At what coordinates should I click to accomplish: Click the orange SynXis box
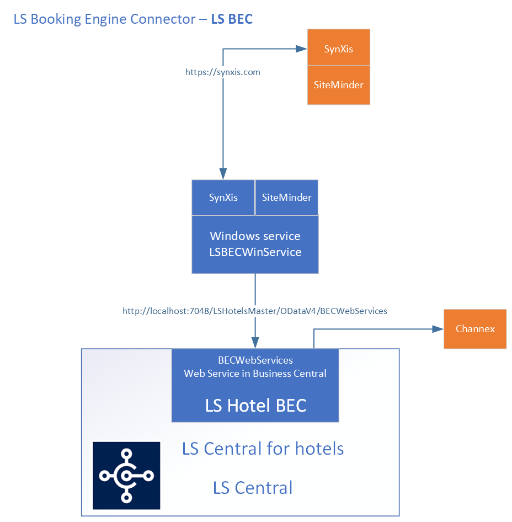(338, 48)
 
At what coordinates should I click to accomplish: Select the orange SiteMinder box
(338, 85)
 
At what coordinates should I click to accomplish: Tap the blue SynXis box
(223, 197)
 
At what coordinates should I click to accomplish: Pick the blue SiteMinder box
(287, 197)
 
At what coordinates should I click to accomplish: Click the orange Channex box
(475, 329)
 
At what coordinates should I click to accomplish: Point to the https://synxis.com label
(223, 72)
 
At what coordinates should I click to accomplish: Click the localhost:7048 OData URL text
(255, 311)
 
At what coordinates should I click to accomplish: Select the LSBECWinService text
(255, 252)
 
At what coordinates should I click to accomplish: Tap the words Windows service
(255, 236)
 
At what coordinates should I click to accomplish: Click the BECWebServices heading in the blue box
(255, 360)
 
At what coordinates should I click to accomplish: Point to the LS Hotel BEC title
(255, 406)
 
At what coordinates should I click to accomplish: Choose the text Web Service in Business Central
(255, 374)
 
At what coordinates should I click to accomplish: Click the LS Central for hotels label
(263, 449)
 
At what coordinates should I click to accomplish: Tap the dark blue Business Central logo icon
(126, 475)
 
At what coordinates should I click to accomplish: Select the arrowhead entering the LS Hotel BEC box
(255, 343)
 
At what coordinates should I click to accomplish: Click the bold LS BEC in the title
(232, 19)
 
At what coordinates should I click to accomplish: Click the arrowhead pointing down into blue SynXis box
(223, 174)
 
